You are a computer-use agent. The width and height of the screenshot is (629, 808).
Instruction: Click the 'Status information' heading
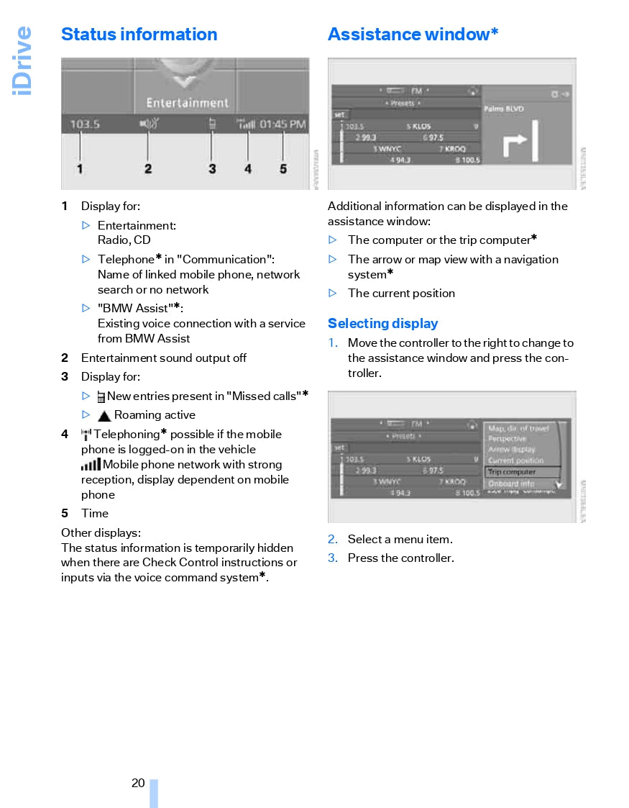point(139,35)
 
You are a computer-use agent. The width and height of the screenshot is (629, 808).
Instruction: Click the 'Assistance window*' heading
point(413,35)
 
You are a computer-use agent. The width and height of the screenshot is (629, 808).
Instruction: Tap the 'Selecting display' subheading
point(382,324)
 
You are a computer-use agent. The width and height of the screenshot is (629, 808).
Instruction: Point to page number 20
point(138,783)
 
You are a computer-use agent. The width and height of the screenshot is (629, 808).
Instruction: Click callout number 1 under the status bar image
point(80,168)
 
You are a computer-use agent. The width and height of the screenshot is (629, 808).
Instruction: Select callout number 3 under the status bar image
point(212,168)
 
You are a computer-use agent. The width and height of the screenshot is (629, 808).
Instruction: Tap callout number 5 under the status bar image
point(283,168)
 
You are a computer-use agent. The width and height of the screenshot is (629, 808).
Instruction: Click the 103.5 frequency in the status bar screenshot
point(85,124)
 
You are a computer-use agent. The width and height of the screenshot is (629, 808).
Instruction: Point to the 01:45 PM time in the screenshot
point(283,124)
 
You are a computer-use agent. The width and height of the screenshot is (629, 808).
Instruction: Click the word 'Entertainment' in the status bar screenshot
point(187,103)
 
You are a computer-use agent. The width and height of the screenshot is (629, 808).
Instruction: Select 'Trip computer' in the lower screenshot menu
point(511,472)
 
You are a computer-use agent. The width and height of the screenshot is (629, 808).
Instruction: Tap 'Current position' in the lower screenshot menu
point(515,460)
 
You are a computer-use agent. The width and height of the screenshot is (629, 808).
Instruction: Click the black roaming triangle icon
point(104,416)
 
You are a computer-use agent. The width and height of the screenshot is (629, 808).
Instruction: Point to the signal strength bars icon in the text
point(91,465)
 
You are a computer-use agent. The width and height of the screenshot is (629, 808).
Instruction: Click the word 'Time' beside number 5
point(95,513)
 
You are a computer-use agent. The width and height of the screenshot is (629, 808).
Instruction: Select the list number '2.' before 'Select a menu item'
point(333,539)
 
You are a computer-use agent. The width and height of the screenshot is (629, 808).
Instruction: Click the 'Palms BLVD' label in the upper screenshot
point(504,109)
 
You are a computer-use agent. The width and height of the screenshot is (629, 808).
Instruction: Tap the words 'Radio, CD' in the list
point(124,240)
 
